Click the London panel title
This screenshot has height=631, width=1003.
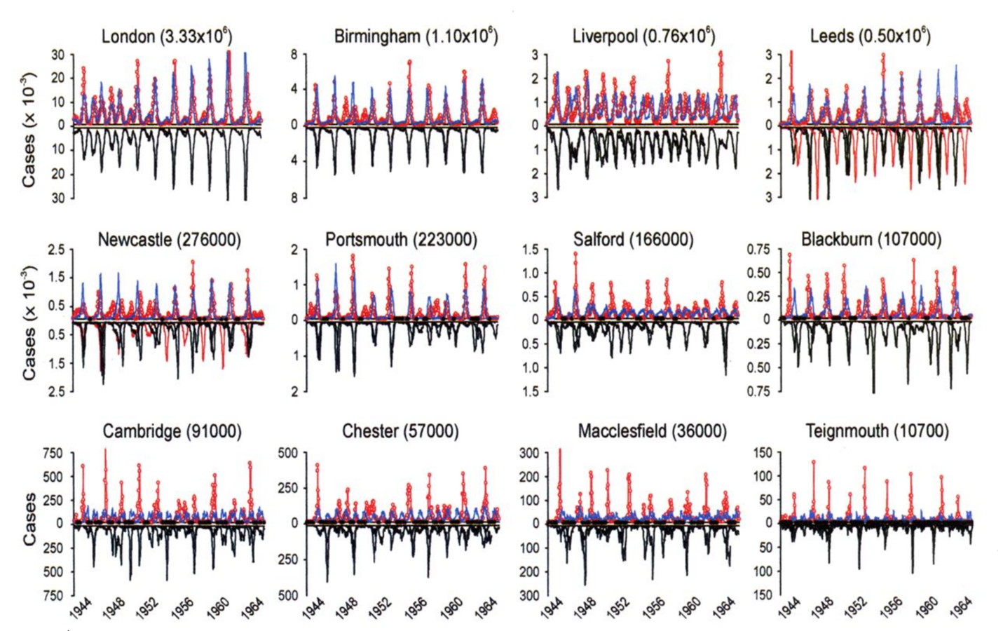point(167,36)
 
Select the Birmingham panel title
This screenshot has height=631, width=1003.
point(416,36)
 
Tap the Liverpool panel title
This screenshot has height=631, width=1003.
point(643,36)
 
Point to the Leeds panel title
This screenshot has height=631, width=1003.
point(870,36)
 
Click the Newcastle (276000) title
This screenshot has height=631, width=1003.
point(169,240)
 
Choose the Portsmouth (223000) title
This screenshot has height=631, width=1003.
point(401,240)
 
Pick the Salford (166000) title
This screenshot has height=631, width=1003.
point(633,240)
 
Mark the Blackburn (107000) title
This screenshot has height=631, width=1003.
point(871,240)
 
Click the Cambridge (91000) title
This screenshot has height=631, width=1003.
point(172,431)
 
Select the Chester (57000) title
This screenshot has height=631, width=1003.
point(400,431)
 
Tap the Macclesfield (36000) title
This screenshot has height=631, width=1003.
point(652,431)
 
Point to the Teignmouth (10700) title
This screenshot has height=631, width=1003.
point(877,431)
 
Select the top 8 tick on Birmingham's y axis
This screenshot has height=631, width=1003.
point(294,55)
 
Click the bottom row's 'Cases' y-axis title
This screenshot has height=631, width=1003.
point(29,520)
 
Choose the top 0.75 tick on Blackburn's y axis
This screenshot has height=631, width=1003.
point(758,250)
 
